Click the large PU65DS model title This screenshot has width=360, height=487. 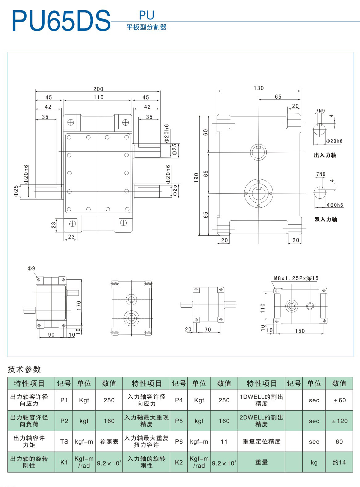(61, 21)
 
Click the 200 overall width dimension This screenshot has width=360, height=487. (98, 89)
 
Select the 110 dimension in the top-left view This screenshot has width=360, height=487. (99, 97)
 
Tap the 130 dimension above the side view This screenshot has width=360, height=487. (259, 88)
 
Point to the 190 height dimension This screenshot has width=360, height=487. (196, 177)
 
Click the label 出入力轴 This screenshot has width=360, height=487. (325, 155)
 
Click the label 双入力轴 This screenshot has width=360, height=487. (326, 219)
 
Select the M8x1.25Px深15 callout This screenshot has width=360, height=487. (296, 278)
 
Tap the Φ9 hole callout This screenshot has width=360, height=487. (31, 269)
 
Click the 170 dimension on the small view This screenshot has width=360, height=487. (79, 305)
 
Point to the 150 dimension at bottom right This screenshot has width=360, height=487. (300, 331)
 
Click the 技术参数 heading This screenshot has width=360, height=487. (24, 369)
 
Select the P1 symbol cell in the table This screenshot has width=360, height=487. (64, 400)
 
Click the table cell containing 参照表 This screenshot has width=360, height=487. (109, 442)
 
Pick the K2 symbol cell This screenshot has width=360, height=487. (179, 462)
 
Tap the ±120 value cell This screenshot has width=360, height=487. (339, 421)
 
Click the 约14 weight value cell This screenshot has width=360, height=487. (339, 462)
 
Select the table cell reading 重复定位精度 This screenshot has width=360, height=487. (261, 442)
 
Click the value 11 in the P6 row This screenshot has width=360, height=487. (224, 442)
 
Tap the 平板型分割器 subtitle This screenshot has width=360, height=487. (146, 27)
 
